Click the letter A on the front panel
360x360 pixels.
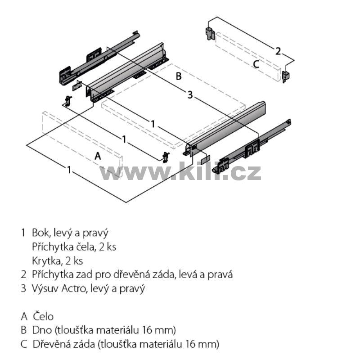(98, 156)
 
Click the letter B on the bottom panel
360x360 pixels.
(179, 76)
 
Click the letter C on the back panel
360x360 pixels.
(256, 64)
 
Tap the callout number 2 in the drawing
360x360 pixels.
(278, 51)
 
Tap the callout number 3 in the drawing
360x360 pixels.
(190, 95)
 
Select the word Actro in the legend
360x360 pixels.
(73, 288)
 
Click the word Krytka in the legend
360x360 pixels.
(46, 261)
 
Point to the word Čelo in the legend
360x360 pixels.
(43, 316)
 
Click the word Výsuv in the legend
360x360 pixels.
(45, 288)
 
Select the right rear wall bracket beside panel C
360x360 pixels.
(286, 76)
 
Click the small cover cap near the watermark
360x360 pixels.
(206, 160)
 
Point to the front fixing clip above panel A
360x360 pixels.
(68, 100)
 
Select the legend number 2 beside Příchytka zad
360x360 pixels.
(23, 274)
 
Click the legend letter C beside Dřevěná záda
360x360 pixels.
(24, 344)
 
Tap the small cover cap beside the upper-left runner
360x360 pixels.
(77, 85)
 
